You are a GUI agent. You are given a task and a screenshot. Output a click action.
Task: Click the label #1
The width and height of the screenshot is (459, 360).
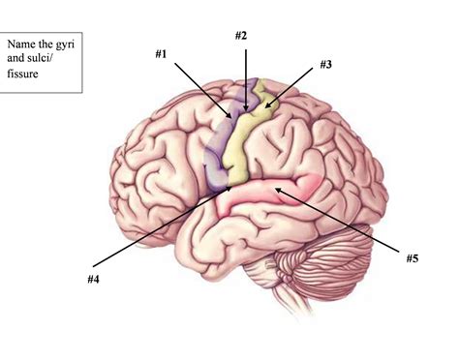159,54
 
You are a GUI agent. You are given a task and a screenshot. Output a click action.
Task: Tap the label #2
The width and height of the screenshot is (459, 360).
241,36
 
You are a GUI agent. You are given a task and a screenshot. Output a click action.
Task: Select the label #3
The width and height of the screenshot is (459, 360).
326,65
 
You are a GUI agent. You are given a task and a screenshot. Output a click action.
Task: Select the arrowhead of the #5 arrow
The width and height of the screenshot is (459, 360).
275,191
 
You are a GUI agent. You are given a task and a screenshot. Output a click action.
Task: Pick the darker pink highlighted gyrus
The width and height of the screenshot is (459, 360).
291,189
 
